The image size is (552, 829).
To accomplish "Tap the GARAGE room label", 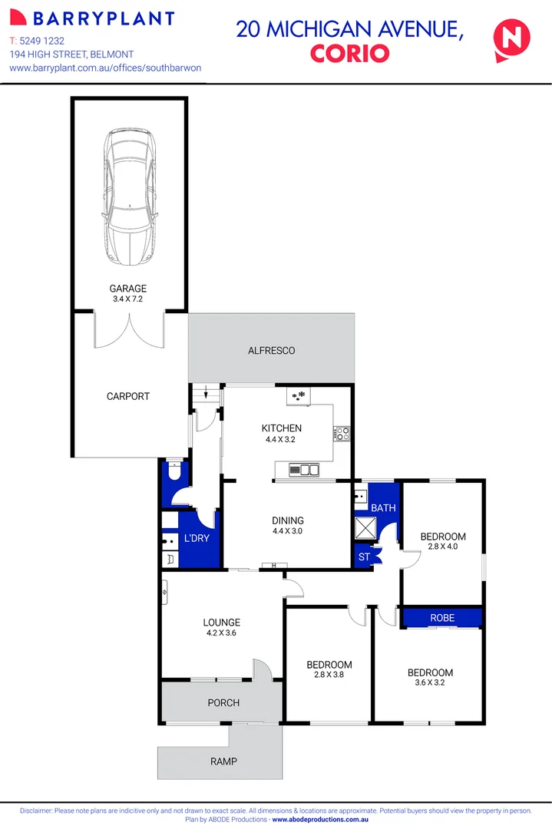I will click(x=128, y=289).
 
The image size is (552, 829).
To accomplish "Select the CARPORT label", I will click(x=128, y=396).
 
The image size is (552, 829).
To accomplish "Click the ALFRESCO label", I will click(x=271, y=351).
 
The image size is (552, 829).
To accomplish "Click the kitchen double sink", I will click(x=304, y=469).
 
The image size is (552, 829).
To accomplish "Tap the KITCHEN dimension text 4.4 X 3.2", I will click(x=281, y=440).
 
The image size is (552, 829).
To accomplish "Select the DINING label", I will click(x=287, y=520).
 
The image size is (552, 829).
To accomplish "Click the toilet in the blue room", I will click(x=174, y=472).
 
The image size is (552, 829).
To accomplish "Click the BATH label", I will click(x=383, y=507).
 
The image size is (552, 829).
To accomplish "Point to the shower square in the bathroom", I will click(x=364, y=527).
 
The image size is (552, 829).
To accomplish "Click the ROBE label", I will click(x=442, y=618).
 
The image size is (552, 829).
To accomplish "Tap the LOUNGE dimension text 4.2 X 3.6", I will click(x=221, y=633).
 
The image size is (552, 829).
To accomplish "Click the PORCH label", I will click(x=223, y=702).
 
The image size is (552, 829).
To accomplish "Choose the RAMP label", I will click(x=223, y=761).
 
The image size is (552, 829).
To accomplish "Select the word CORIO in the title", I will click(x=349, y=54).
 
